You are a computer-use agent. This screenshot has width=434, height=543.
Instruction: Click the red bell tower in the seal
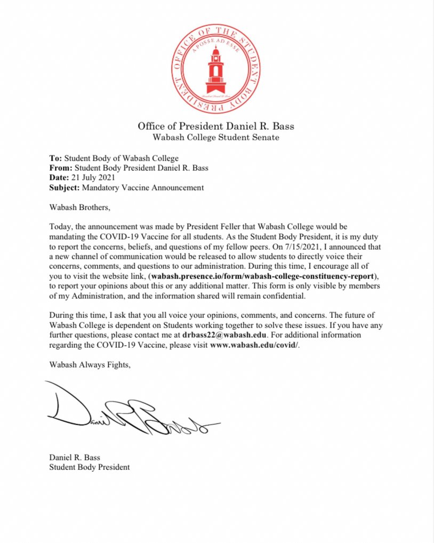(x=216, y=69)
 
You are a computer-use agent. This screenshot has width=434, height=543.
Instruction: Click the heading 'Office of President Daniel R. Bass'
(x=216, y=126)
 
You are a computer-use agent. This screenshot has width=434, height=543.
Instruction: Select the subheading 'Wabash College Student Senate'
(x=216, y=138)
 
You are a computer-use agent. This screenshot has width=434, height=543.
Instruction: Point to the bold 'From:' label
(x=60, y=168)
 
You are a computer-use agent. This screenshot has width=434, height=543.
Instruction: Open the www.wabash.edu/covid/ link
(x=255, y=344)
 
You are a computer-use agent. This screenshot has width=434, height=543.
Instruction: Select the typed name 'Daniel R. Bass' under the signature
(x=74, y=457)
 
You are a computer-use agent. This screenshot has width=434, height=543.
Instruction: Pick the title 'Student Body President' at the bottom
(x=89, y=467)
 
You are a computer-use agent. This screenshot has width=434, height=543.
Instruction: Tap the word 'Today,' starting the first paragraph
(x=61, y=227)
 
